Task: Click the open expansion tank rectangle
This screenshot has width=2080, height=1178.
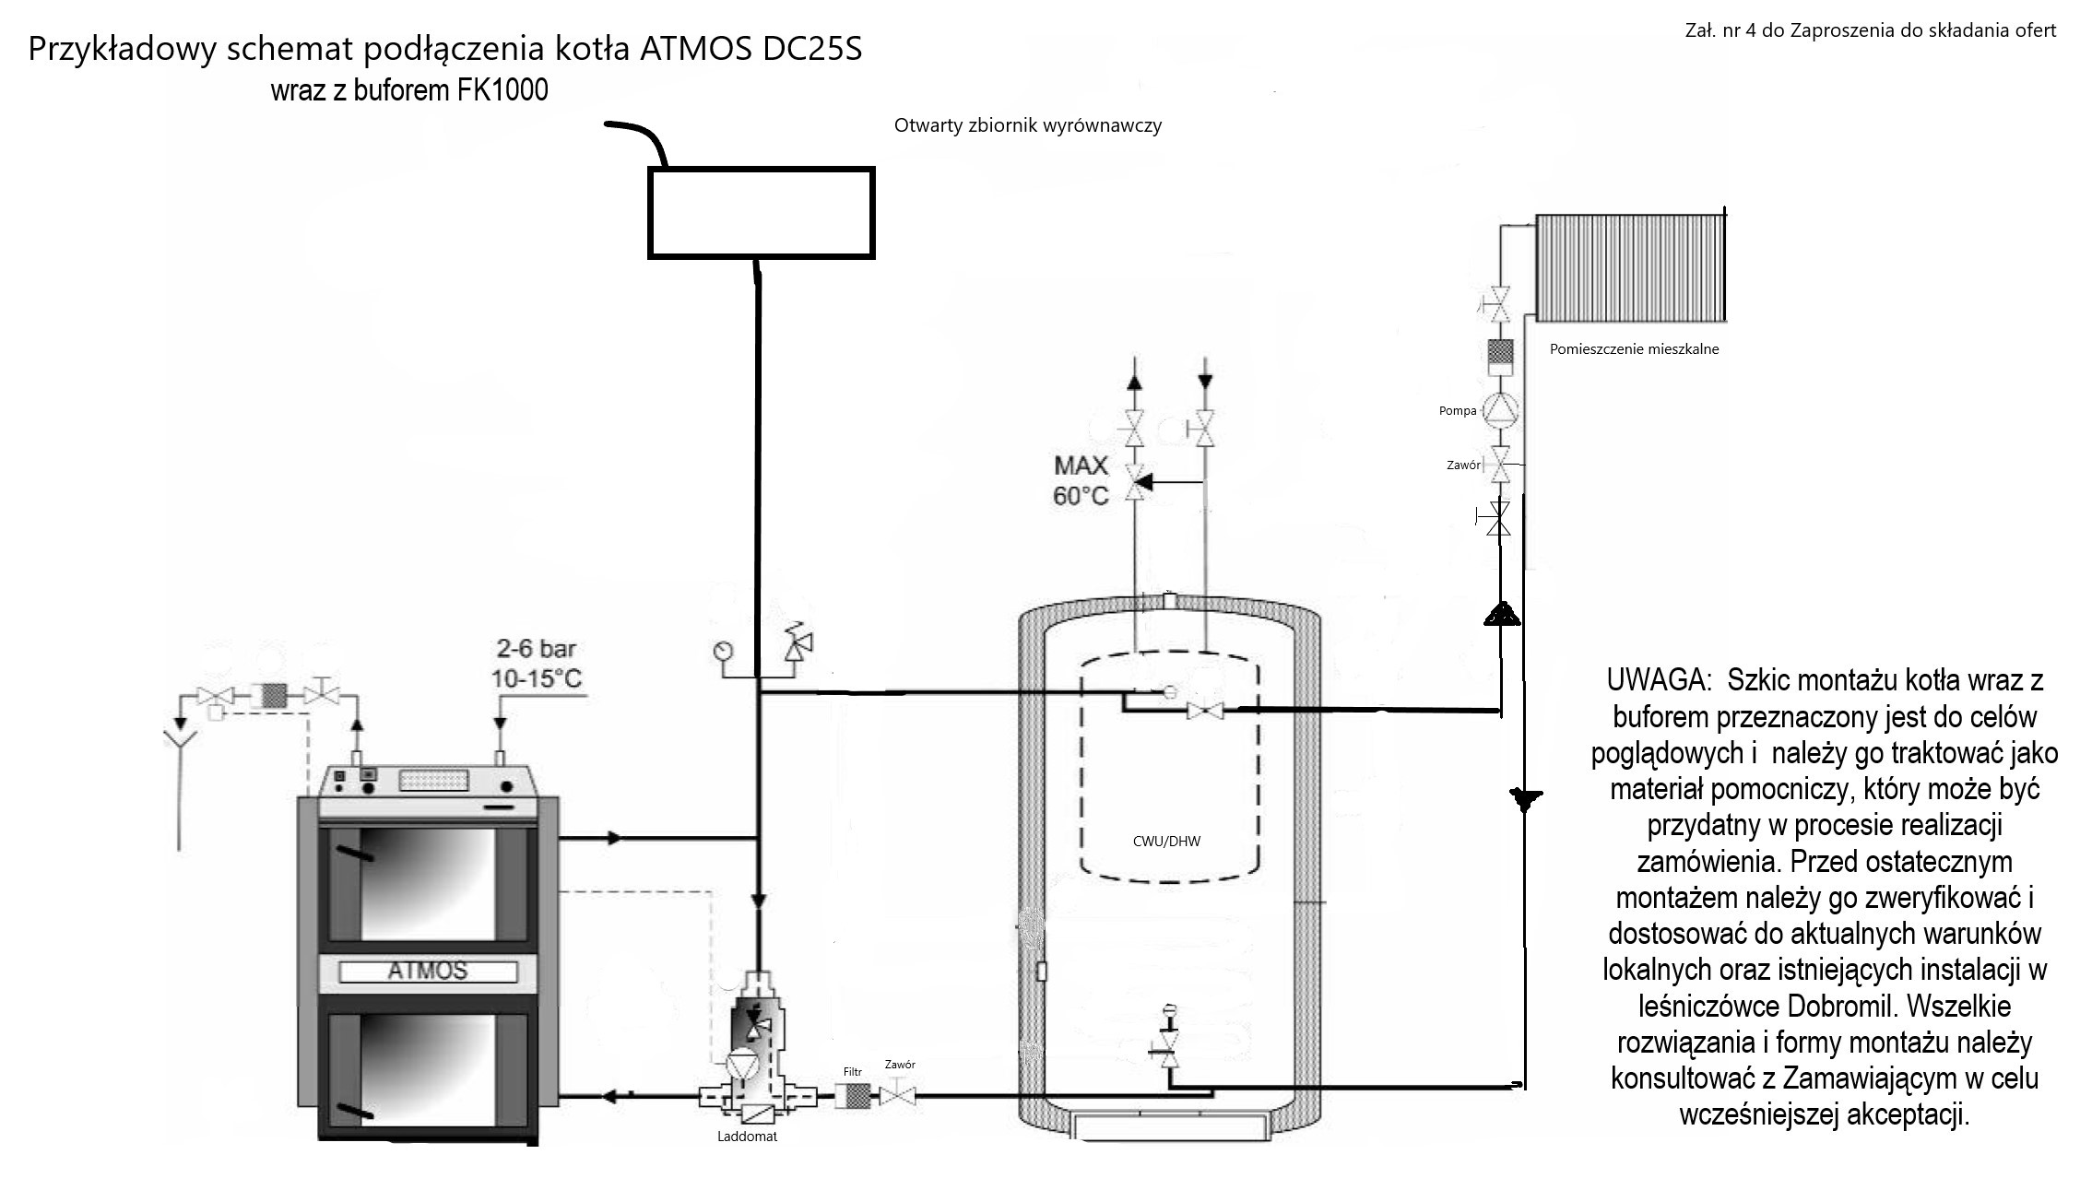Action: click(x=762, y=213)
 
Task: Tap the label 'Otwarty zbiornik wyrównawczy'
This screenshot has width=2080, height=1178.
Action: click(x=1027, y=125)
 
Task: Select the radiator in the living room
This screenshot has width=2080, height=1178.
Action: click(x=1630, y=267)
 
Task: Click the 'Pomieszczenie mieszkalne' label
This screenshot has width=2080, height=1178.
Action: click(x=1634, y=349)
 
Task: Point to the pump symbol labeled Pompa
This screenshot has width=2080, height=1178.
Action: click(x=1500, y=410)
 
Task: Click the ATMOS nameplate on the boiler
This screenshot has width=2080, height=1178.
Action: click(x=428, y=971)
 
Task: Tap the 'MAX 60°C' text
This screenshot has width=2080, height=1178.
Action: click(x=1081, y=480)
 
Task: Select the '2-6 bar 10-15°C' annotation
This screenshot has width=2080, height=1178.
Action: click(x=537, y=664)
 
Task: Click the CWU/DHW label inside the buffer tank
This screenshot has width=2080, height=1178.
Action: click(x=1166, y=841)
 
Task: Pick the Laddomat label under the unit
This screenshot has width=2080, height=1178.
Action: click(x=747, y=1137)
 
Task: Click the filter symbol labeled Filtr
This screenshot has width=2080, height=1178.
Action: click(x=857, y=1096)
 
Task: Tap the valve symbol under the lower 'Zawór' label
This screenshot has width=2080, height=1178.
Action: click(x=897, y=1096)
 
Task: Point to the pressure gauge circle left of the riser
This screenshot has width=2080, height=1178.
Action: click(x=722, y=651)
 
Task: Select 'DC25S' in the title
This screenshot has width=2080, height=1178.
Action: click(x=812, y=49)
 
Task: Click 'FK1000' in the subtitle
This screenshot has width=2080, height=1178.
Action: click(x=502, y=90)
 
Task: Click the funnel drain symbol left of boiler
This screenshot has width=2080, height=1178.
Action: click(x=179, y=739)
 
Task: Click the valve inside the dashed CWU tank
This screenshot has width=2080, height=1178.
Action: click(x=1204, y=711)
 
